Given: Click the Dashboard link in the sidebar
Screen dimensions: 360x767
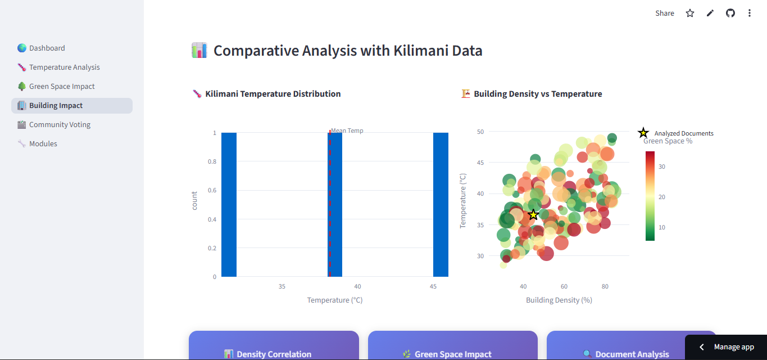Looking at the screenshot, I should (47, 48).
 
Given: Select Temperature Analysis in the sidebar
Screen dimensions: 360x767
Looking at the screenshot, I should (64, 67).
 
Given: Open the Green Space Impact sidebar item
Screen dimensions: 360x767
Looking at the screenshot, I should (62, 87).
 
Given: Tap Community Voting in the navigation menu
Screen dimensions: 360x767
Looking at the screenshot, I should (60, 125).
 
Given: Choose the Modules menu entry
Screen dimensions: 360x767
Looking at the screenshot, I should (43, 144).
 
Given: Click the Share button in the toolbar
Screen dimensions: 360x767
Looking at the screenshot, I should (665, 13).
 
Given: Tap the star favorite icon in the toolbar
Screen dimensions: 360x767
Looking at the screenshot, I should (690, 13).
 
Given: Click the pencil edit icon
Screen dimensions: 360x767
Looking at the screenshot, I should (710, 13).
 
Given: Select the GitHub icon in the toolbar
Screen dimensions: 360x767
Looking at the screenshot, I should (730, 13).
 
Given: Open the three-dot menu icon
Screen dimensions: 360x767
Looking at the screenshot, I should (750, 13).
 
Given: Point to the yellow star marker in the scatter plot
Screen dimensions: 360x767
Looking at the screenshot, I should (534, 215).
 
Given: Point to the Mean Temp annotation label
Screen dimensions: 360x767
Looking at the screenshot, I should (347, 131).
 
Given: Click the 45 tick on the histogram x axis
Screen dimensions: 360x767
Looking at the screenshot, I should (433, 286).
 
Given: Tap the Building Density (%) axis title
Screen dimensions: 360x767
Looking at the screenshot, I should (559, 300).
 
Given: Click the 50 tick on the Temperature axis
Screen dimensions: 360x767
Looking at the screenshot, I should (480, 132).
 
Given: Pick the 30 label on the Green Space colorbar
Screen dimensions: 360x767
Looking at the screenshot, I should (662, 166).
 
